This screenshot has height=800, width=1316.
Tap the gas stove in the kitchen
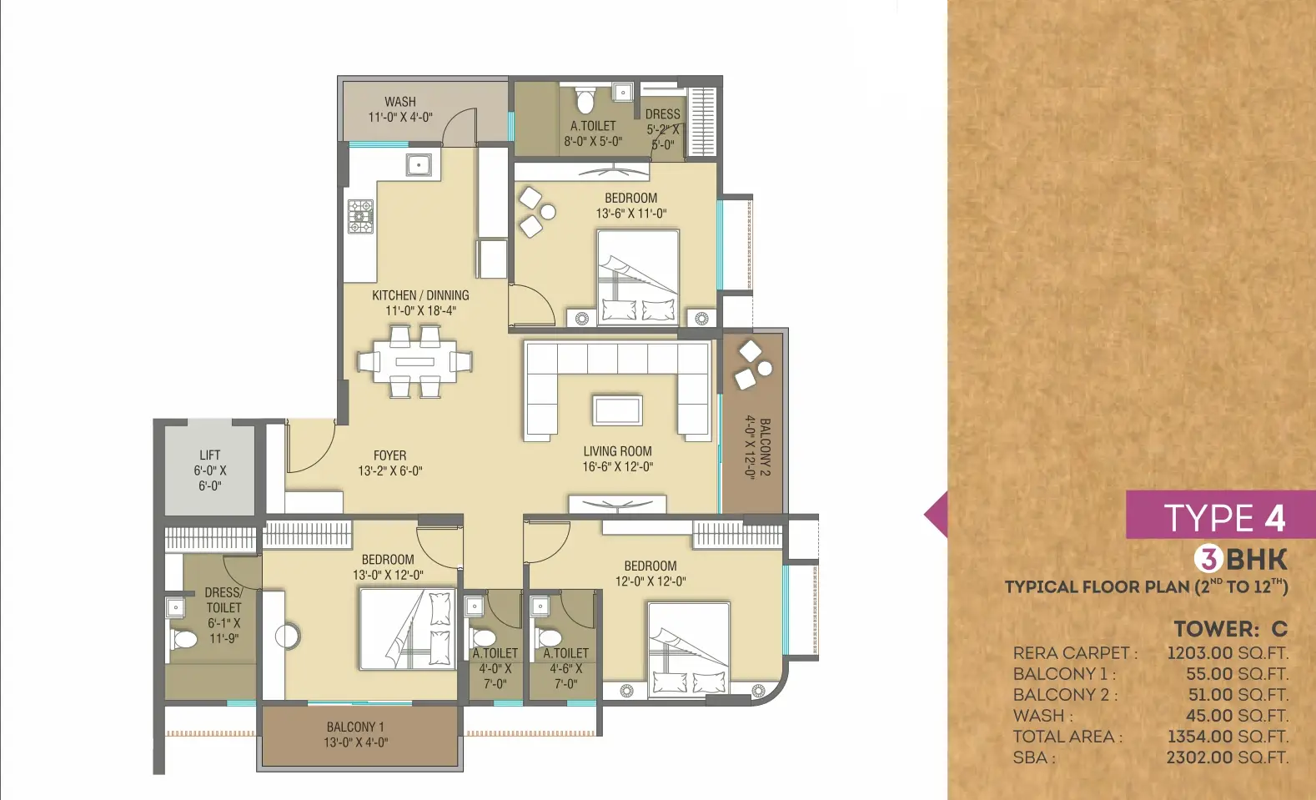point(361,216)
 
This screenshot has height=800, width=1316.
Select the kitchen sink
point(419,165)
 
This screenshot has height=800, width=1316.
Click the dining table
point(415,361)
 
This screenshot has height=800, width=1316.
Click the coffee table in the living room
point(617,410)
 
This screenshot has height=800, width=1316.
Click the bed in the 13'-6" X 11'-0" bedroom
point(638,278)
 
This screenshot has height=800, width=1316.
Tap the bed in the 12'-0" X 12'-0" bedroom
point(689,650)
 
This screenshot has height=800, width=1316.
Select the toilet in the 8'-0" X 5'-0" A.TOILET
point(585,100)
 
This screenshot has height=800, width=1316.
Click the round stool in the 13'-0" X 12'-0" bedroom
point(288,636)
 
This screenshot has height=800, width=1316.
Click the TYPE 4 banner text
point(1225,518)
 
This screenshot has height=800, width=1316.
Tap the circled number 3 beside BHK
point(1209,559)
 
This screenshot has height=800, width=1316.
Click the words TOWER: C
point(1231,629)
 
